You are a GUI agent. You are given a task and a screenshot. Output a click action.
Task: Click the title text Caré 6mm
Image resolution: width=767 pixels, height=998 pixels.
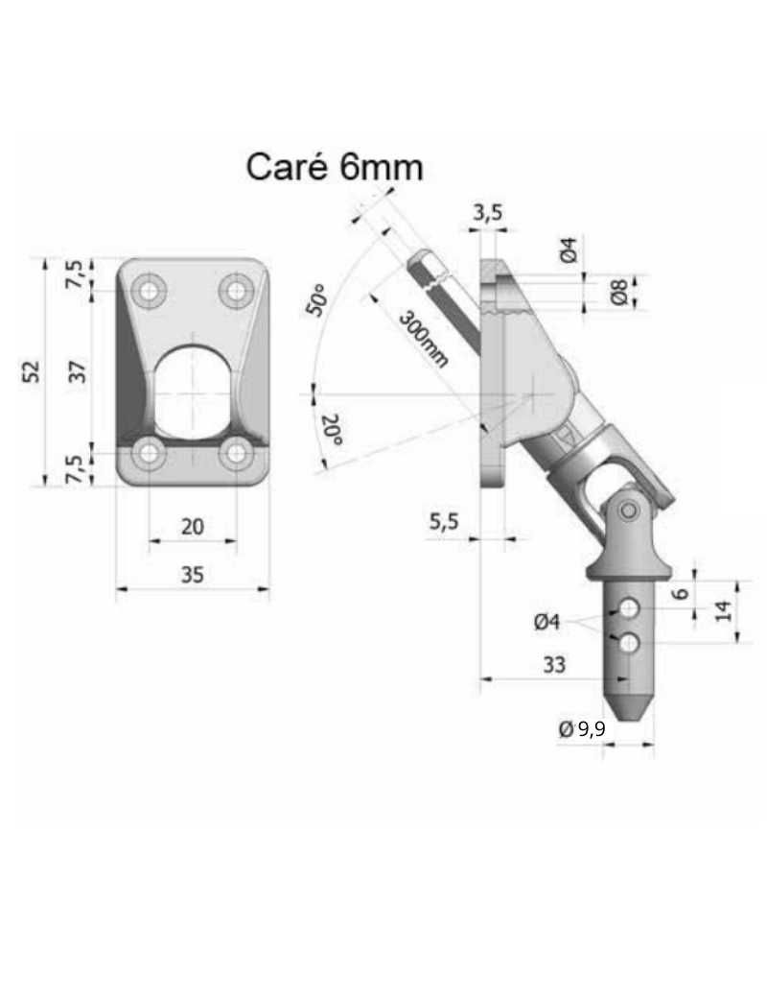pyautogui.click(x=334, y=167)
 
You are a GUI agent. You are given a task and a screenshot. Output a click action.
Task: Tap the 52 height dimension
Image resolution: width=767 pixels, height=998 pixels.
pyautogui.click(x=32, y=371)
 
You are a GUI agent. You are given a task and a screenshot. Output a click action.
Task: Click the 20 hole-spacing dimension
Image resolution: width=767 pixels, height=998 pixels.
pyautogui.click(x=193, y=526)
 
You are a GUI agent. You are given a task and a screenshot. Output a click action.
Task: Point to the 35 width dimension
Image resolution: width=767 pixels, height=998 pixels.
pyautogui.click(x=193, y=575)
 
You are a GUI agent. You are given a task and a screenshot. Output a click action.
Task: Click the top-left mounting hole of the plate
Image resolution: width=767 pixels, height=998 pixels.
pyautogui.click(x=150, y=290)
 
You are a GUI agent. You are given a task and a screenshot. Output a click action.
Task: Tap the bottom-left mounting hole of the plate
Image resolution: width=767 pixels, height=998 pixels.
pyautogui.click(x=150, y=453)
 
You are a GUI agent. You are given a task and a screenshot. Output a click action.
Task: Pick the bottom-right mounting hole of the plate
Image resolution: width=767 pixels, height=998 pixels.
pyautogui.click(x=236, y=453)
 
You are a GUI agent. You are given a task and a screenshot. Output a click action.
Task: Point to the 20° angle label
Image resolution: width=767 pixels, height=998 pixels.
pyautogui.click(x=332, y=428)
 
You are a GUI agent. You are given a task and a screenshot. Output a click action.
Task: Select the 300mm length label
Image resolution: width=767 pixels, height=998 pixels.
pyautogui.click(x=423, y=339)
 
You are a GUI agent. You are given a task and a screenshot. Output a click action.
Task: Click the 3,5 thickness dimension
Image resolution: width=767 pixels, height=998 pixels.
pyautogui.click(x=488, y=213)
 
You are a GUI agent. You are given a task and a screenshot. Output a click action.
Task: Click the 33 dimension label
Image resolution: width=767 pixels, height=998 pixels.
pyautogui.click(x=554, y=664)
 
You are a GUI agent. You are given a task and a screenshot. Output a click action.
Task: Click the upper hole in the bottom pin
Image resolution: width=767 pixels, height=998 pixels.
pyautogui.click(x=629, y=607)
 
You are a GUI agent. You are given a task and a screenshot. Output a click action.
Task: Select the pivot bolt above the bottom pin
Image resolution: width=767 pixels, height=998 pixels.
pyautogui.click(x=629, y=511)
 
